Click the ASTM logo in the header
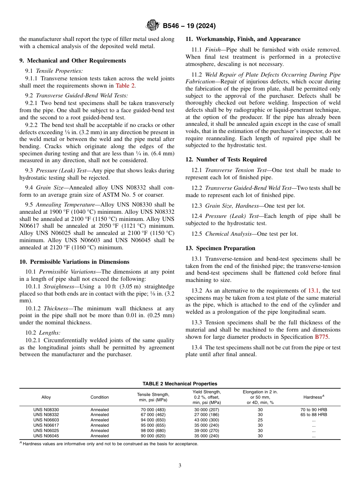(x=153, y=26)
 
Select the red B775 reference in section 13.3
(x=322, y=336)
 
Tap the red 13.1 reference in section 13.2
(x=313, y=291)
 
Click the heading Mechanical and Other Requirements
(x=72, y=61)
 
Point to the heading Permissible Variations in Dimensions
(x=74, y=262)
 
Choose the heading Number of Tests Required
(x=226, y=160)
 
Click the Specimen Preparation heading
(x=220, y=248)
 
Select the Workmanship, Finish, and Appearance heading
(x=243, y=39)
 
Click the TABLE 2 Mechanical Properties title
(x=180, y=384)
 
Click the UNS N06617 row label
(x=46, y=425)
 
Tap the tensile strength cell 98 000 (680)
(x=153, y=430)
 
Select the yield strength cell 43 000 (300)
(x=207, y=420)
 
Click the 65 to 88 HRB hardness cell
(x=313, y=415)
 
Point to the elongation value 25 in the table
(x=260, y=420)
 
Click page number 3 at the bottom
(x=180, y=466)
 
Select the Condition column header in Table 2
(x=99, y=397)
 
